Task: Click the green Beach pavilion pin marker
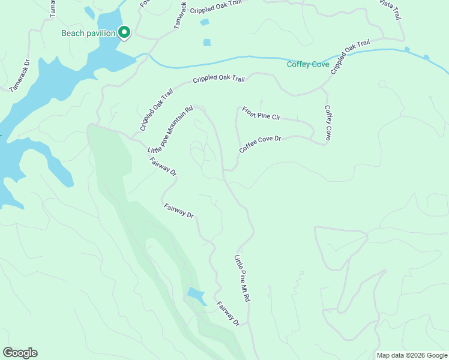(124, 32)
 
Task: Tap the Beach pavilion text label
(88, 33)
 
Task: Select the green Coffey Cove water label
(308, 64)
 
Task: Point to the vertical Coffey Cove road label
(328, 123)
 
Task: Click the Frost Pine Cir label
(261, 113)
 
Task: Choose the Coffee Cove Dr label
(260, 144)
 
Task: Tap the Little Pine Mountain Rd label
(170, 128)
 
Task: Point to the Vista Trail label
(390, 10)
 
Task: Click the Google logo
(20, 353)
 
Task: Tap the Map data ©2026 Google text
(411, 355)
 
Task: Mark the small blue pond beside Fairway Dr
(196, 295)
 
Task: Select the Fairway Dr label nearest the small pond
(228, 314)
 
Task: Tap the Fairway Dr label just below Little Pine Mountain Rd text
(163, 166)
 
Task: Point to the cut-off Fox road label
(144, 4)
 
